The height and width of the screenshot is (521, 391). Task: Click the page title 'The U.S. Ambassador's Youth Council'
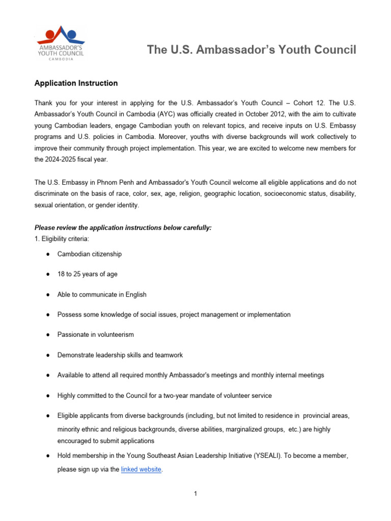pos(252,49)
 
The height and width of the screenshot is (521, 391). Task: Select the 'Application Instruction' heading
pos(76,83)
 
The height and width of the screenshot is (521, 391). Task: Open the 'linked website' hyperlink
pos(141,470)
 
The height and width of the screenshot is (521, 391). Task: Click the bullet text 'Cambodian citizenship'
pos(90,254)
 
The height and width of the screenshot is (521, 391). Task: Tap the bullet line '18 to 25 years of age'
pos(87,274)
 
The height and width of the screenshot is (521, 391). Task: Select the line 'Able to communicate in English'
pos(102,295)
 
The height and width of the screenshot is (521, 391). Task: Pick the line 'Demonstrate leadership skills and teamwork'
pos(120,355)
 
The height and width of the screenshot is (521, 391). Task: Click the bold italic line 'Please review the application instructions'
pos(123,228)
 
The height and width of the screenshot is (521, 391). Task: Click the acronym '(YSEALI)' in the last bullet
pos(269,456)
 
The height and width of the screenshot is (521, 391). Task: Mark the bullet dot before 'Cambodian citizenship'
pos(47,254)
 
